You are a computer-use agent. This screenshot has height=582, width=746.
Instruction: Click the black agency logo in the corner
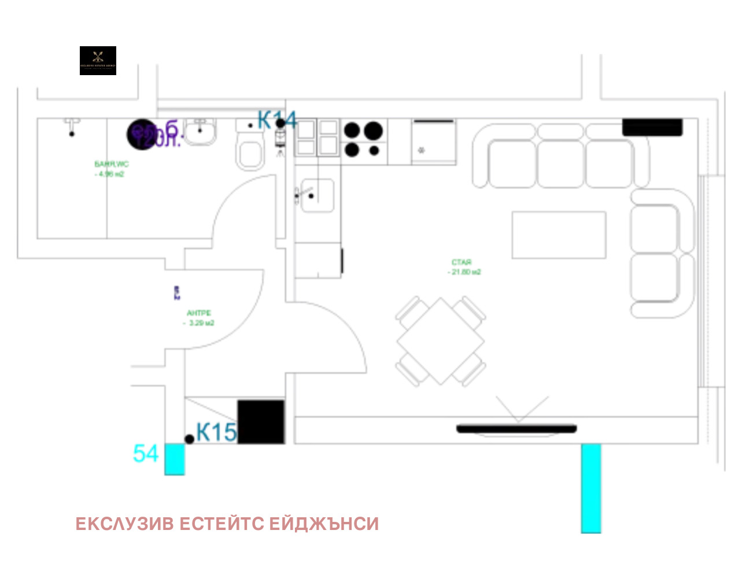click(98, 61)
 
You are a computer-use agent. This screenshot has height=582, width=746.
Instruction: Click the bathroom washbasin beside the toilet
click(200, 132)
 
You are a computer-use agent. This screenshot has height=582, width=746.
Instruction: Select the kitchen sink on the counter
click(316, 195)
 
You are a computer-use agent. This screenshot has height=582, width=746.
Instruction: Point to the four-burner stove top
click(363, 139)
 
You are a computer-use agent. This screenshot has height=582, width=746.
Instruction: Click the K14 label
click(277, 120)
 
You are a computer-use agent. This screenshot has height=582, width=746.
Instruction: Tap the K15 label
click(216, 432)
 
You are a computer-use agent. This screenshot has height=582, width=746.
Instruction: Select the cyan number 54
click(146, 454)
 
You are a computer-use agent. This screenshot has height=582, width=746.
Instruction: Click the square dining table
click(441, 341)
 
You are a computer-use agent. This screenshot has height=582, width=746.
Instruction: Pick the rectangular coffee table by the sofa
click(559, 235)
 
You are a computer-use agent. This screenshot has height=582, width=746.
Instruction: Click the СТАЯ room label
click(461, 262)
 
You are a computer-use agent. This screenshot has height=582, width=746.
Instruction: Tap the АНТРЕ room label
click(198, 313)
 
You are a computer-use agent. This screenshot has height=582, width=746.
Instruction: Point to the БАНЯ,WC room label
click(112, 164)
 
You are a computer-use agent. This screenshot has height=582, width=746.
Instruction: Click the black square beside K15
click(261, 422)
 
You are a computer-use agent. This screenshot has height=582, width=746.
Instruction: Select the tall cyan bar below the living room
click(591, 488)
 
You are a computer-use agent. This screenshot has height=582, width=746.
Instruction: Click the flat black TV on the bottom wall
click(516, 429)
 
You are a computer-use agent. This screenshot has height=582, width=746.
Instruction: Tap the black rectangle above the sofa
click(652, 128)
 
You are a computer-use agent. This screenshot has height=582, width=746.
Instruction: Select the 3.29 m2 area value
click(201, 323)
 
